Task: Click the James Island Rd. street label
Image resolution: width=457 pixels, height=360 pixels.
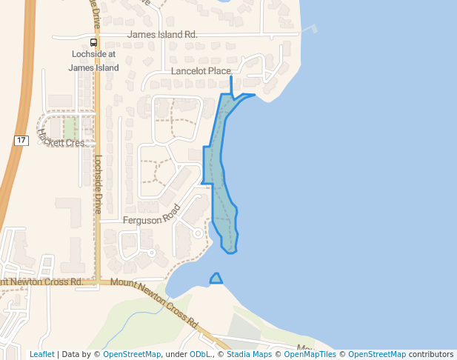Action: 162,35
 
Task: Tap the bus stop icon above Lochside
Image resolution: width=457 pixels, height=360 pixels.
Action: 93,42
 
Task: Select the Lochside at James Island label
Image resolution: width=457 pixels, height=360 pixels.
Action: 93,61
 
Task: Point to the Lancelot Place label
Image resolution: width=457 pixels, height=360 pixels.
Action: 201,71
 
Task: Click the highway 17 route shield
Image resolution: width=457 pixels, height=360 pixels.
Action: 21,140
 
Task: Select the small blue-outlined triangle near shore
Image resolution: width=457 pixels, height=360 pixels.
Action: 216,279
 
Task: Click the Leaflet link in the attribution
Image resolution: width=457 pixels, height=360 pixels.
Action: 41,354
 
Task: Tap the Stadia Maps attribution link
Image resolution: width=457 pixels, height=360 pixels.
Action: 249,354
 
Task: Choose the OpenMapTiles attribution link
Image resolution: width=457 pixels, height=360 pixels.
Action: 310,354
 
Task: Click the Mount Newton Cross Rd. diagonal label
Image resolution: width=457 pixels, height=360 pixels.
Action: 155,304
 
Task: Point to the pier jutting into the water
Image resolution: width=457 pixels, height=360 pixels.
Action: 310,30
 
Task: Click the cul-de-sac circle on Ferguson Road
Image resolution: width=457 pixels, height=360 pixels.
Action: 198,233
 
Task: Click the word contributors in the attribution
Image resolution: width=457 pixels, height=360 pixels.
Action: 431,354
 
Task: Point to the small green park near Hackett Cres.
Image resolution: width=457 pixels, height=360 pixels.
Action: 69,127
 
